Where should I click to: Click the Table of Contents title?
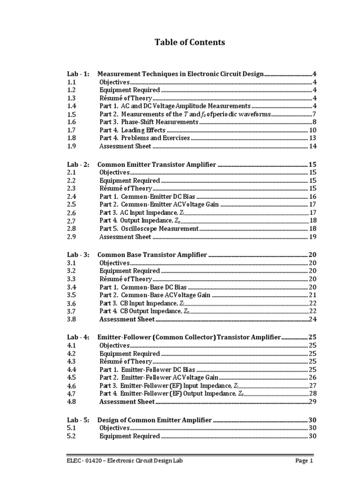coord(190,43)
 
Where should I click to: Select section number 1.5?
coord(71,114)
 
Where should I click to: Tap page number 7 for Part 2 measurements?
coord(315,114)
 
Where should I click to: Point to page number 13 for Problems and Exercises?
coord(313,138)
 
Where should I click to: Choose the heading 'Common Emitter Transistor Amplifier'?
coord(157,165)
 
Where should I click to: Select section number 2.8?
coord(71,229)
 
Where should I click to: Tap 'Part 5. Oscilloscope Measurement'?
coord(149,229)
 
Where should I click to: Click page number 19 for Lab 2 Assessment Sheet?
coord(313,237)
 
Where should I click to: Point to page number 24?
coord(313,320)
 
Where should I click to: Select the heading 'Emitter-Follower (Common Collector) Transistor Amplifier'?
coord(188,337)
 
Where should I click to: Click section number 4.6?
coord(71,386)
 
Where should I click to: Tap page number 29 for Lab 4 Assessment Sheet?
coord(313,402)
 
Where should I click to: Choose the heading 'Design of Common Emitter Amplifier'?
coord(154,420)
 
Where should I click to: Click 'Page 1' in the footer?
coord(304,461)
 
